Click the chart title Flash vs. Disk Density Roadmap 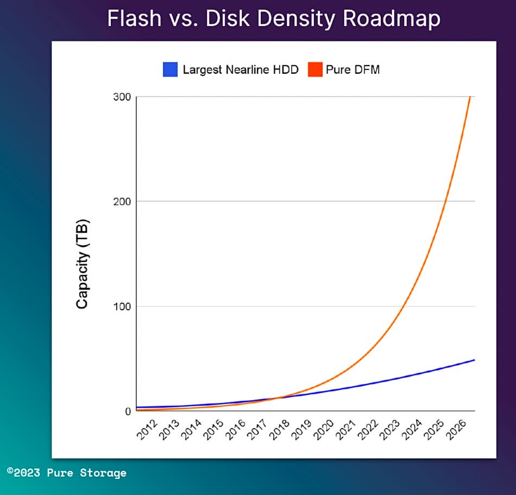coord(273,19)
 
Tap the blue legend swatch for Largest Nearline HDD coord(170,70)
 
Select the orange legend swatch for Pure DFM coord(315,70)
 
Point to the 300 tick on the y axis coord(122,97)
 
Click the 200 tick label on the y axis coord(122,201)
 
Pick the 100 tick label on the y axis coord(122,306)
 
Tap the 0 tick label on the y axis coord(128,411)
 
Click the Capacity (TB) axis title coord(82,265)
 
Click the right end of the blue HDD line coord(474,360)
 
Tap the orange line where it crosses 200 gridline coord(445,201)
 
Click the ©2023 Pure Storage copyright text coord(66,473)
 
